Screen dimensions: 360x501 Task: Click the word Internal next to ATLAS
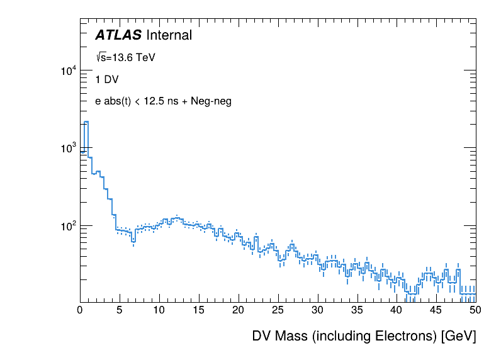(x=168, y=36)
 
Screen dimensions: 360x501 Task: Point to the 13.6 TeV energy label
(x=125, y=58)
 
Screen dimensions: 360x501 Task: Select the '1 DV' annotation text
(x=106, y=80)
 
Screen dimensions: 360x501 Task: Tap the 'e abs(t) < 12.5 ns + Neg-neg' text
(x=163, y=101)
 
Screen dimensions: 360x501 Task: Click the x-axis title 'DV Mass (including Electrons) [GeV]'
(x=364, y=336)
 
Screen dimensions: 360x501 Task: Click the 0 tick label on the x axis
(x=80, y=310)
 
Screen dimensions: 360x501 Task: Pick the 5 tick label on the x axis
(x=120, y=310)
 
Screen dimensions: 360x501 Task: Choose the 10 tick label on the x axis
(x=159, y=310)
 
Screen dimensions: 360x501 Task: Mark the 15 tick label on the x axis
(x=199, y=310)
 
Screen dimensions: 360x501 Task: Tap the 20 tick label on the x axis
(x=239, y=310)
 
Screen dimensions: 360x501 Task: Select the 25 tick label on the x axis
(x=278, y=310)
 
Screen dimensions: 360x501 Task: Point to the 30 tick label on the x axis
(x=318, y=310)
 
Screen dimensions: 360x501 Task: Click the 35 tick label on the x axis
(x=357, y=310)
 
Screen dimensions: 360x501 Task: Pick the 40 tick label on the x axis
(x=397, y=310)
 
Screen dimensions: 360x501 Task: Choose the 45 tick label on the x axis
(x=436, y=310)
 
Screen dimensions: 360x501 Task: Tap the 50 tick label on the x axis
(x=475, y=310)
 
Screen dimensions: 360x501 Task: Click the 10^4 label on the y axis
(x=68, y=71)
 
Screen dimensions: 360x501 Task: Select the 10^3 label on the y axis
(x=68, y=149)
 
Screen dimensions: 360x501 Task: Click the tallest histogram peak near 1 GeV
(x=86, y=122)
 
